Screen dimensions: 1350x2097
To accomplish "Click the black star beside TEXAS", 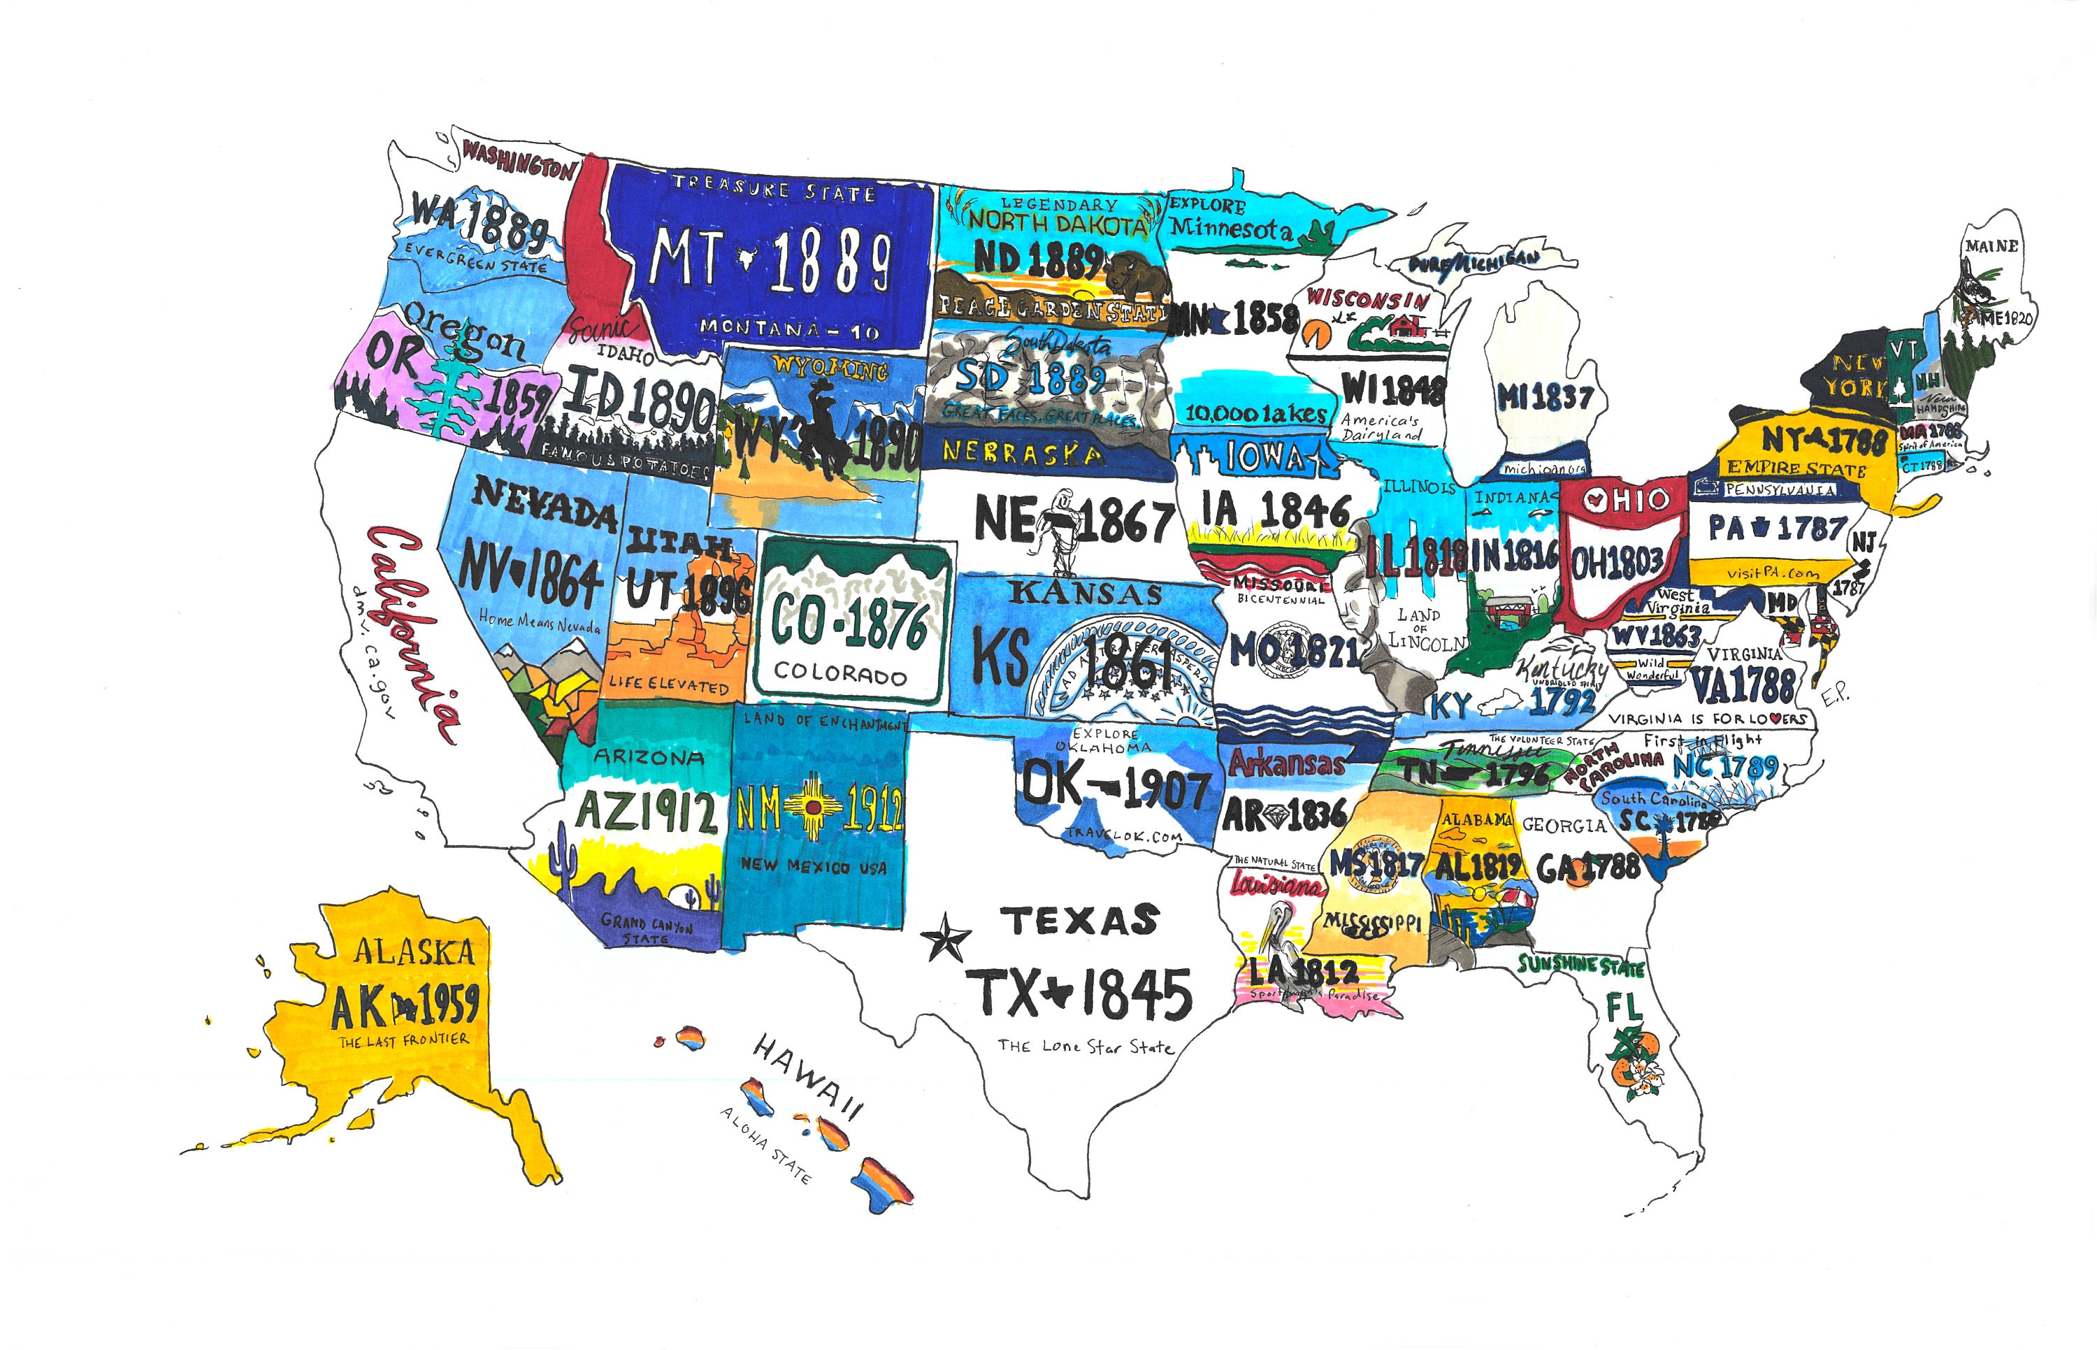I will [946, 937].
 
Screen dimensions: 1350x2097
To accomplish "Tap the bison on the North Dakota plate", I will [1137, 275].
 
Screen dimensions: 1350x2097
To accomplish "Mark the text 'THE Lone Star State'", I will [1085, 1046].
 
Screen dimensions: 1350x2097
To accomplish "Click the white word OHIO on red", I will [1626, 501].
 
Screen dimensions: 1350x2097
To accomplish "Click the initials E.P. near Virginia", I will [1835, 694].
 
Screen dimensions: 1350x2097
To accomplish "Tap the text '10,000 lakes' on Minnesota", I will [1255, 413].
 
